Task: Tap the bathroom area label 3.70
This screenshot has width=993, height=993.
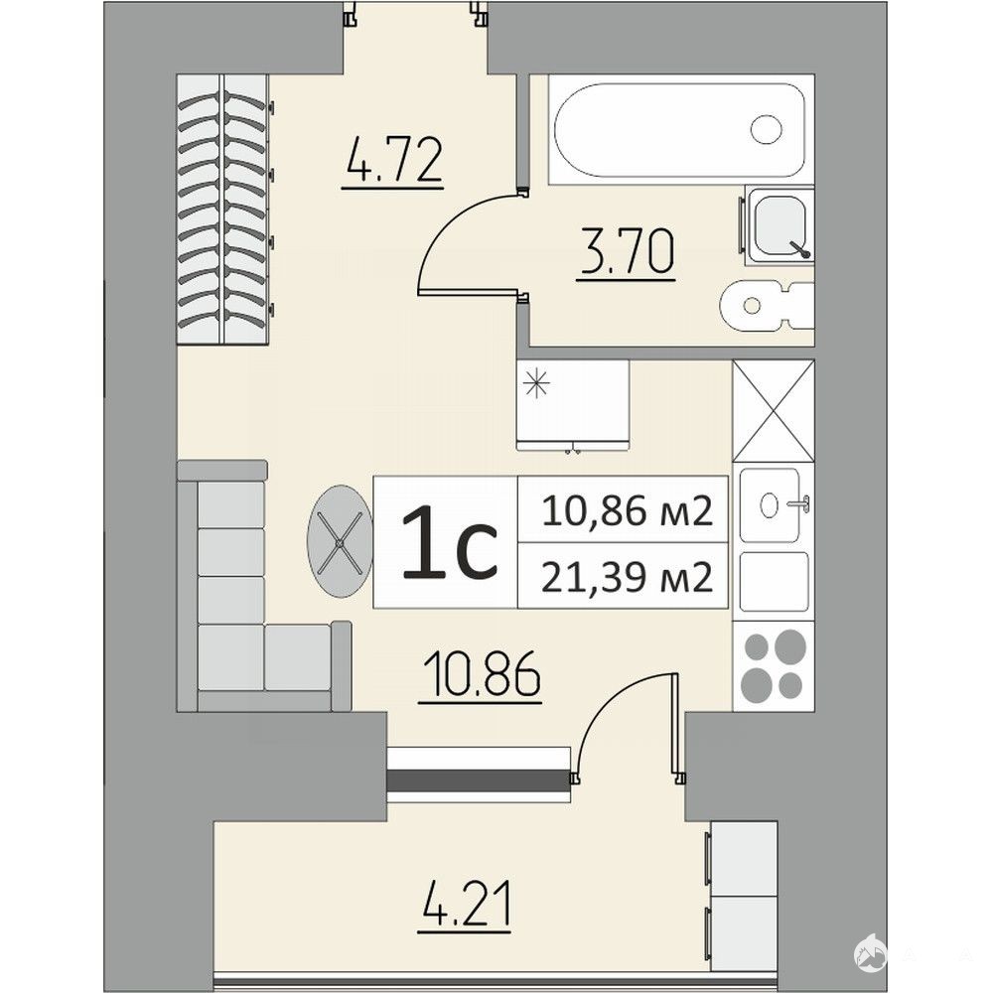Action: point(626,252)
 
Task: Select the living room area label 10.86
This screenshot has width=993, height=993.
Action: point(480,675)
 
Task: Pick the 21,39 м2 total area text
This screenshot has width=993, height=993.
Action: point(628,578)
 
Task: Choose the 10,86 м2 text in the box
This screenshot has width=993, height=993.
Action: point(628,511)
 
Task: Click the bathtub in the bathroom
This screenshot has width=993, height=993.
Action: point(679,130)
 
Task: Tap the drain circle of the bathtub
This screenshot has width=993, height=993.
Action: point(767,129)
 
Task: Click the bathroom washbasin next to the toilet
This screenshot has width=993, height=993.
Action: point(779,224)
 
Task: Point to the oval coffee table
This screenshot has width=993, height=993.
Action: point(340,541)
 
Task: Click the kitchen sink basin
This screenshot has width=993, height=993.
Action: point(770,505)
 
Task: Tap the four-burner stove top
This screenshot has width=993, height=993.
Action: point(774,665)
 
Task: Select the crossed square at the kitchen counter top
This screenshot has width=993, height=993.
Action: point(774,410)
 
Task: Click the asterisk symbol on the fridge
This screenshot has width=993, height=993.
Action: point(536,383)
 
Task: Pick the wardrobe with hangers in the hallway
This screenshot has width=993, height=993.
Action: point(222,210)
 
